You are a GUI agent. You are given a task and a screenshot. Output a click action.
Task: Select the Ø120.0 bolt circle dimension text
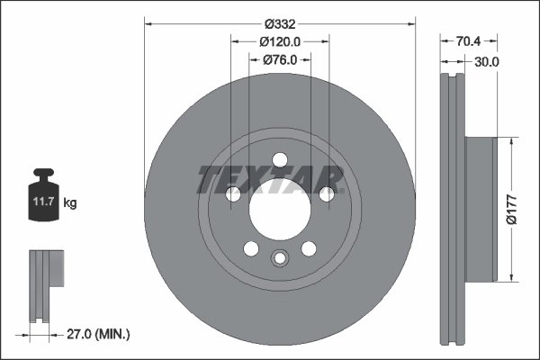(279, 41)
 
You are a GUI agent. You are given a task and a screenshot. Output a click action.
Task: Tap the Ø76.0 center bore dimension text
(280, 60)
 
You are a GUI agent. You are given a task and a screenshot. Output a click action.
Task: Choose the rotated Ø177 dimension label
(510, 208)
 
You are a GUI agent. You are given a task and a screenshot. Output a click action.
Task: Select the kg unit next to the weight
(70, 203)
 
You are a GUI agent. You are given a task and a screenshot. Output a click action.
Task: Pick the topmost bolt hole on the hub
(279, 160)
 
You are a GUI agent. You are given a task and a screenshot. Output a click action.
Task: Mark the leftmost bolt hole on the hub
(232, 193)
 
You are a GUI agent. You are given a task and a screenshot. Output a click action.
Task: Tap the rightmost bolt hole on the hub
(327, 193)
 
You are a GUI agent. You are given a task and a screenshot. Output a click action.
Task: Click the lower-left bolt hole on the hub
(250, 249)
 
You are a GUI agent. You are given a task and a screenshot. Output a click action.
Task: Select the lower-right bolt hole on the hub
(309, 249)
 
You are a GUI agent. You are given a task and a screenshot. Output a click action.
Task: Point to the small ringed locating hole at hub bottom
(279, 260)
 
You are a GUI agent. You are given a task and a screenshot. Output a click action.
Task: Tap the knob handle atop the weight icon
(44, 174)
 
